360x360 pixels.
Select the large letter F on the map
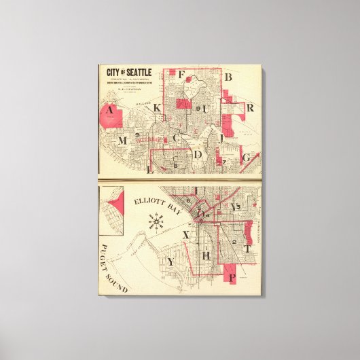click(181, 75)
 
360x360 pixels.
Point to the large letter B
click(228, 78)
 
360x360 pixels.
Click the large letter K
click(157, 108)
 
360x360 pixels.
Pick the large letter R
click(250, 107)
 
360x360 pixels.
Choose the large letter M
click(123, 141)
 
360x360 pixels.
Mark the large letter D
click(198, 155)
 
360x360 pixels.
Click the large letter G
click(246, 158)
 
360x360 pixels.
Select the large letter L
click(149, 169)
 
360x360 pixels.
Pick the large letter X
click(185, 235)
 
